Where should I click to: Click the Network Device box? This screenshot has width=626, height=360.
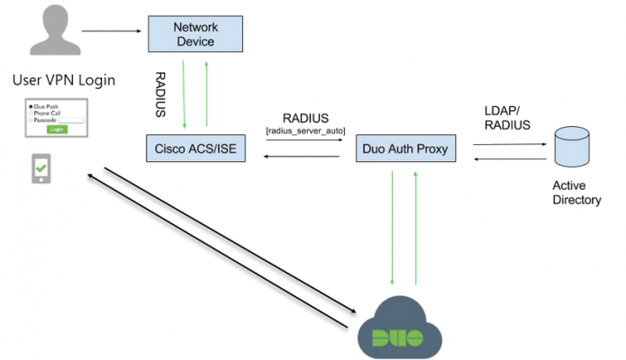(195, 33)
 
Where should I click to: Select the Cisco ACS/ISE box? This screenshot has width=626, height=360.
(195, 148)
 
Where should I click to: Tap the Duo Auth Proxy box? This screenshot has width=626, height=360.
(404, 148)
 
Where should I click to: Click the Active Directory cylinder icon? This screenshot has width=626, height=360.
(575, 147)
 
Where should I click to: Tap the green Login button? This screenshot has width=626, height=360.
(58, 130)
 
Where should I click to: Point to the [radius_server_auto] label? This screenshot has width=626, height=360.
(304, 131)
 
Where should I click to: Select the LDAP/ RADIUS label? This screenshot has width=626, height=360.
(507, 118)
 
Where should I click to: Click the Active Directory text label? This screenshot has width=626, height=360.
(576, 193)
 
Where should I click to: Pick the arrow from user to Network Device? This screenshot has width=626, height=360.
(113, 31)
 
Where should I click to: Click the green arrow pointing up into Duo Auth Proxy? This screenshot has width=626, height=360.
(416, 226)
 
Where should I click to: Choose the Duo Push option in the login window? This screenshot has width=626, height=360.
(45, 107)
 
